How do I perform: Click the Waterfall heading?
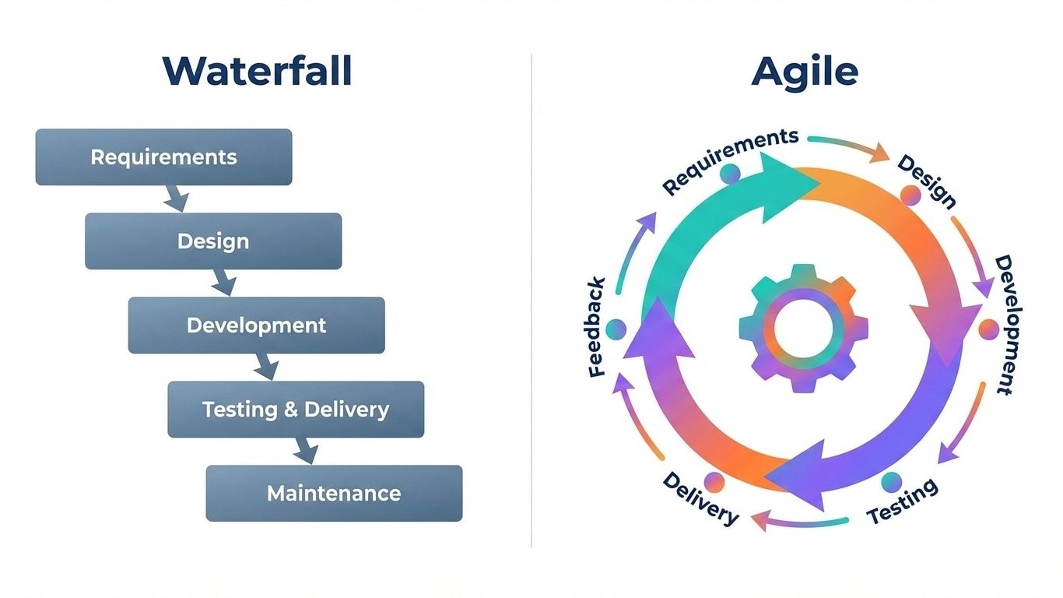(x=257, y=71)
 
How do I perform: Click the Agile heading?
(x=805, y=71)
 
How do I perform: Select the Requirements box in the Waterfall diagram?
(x=163, y=157)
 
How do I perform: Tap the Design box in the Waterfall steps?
(x=213, y=241)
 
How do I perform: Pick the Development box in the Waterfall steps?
(x=256, y=325)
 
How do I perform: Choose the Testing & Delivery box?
(x=296, y=410)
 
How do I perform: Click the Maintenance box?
(x=334, y=494)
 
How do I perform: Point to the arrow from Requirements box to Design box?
(x=176, y=198)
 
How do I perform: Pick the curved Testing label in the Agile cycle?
(x=903, y=502)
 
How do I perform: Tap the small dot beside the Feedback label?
(x=616, y=329)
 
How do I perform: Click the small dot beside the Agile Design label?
(x=910, y=195)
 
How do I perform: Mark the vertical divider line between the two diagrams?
(x=531, y=300)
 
